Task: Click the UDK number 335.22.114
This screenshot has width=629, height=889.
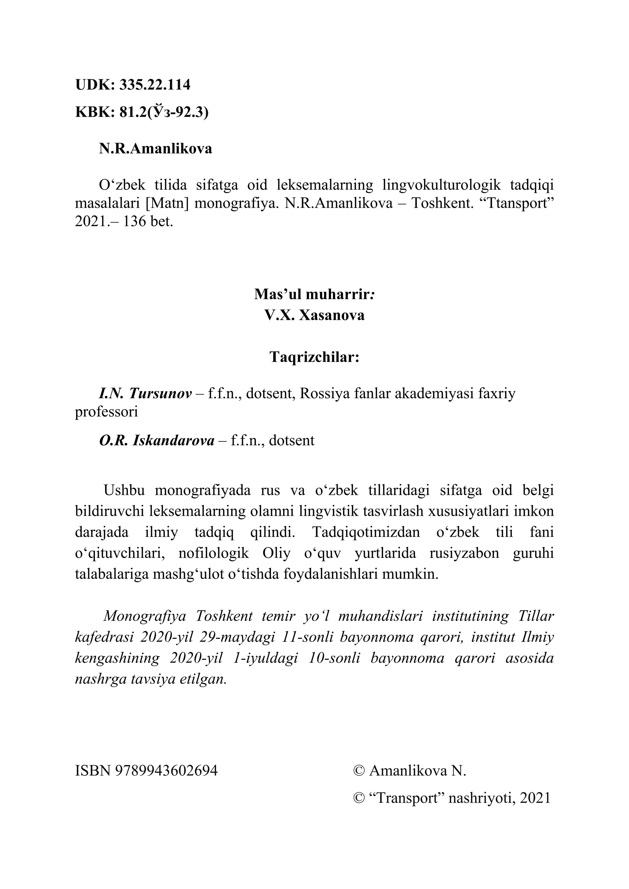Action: point(154,85)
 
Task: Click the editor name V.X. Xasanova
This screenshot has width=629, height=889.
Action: point(314,315)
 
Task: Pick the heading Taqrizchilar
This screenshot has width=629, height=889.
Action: point(314,357)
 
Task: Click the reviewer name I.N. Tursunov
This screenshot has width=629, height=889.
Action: point(145,394)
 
